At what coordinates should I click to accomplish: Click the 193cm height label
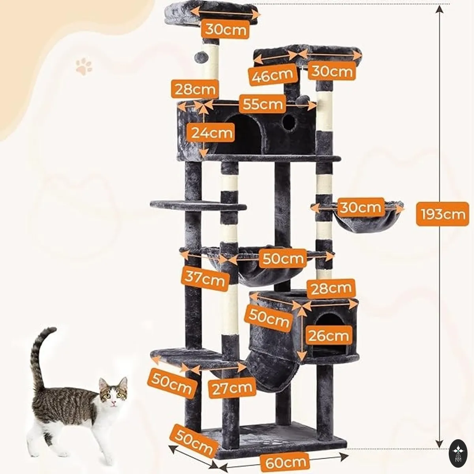442,214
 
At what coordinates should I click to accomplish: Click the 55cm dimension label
262,104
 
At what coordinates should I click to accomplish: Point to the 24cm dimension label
210,133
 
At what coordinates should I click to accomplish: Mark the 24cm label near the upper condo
210,133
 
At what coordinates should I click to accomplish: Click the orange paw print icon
84,66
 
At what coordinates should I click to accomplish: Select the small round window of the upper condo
289,123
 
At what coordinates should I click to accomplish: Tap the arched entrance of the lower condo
329,335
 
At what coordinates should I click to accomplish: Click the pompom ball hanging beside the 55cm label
303,101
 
